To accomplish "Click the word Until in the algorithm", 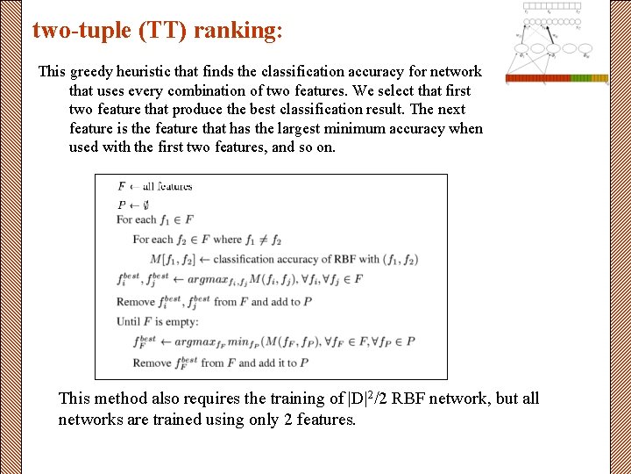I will (x=130, y=321).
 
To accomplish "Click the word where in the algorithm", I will (x=227, y=240).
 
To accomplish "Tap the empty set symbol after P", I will (x=145, y=205).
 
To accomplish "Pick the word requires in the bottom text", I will (x=221, y=399).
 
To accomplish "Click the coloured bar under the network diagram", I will (x=557, y=78).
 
